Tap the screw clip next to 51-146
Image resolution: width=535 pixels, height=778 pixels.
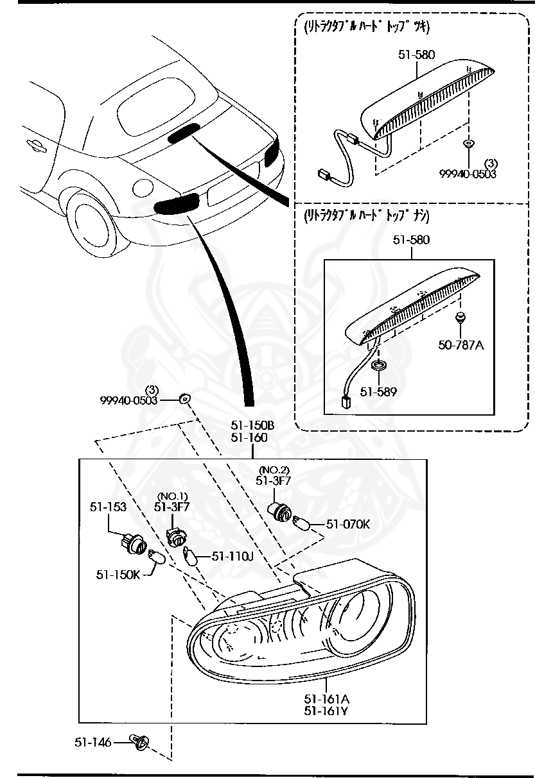(140, 743)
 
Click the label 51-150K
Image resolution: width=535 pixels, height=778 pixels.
(118, 574)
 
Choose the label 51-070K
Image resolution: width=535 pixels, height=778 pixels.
(348, 523)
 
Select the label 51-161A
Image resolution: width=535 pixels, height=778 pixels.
(326, 698)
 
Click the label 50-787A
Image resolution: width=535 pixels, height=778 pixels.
(461, 344)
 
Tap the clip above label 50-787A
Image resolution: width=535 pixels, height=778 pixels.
(460, 317)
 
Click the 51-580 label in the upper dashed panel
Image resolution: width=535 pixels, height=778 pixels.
(416, 55)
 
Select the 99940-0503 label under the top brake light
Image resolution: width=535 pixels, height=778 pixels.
(468, 174)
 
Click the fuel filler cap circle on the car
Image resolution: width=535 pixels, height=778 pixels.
(142, 187)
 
